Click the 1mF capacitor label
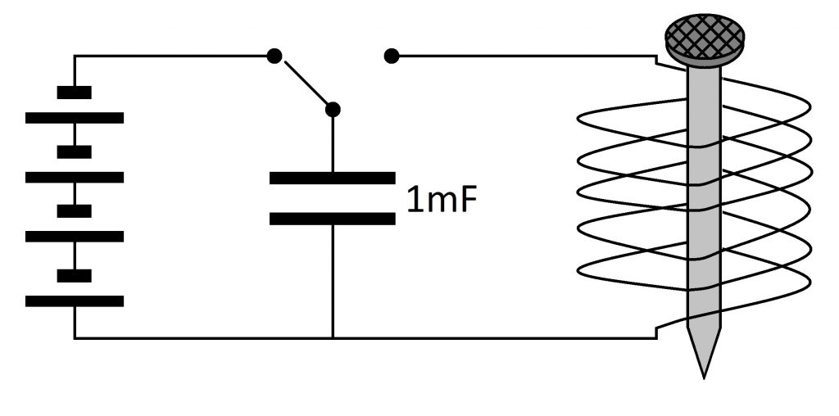tap(441, 200)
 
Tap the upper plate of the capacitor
tap(333, 178)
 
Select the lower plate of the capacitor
tap(333, 219)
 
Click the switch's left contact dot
tap(274, 56)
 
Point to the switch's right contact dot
tap(392, 56)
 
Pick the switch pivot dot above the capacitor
tap(333, 110)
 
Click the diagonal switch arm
tap(306, 83)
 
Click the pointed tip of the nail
tap(704, 378)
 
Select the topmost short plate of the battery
tap(75, 93)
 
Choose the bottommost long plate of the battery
tap(75, 301)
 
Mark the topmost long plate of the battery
tap(75, 118)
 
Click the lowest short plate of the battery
tap(75, 275)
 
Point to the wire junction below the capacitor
tap(333, 338)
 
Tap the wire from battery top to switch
tap(171, 56)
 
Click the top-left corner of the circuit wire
tap(75, 56)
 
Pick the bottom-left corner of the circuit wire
tap(75, 338)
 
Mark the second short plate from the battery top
tap(75, 151)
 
